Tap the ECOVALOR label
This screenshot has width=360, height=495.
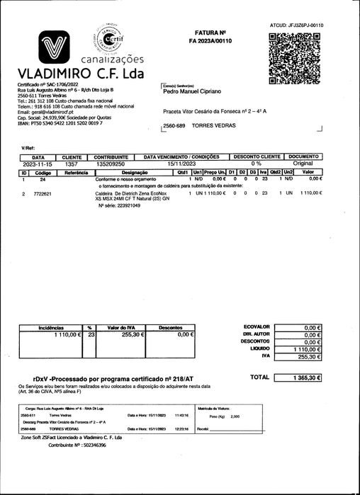(257, 328)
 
